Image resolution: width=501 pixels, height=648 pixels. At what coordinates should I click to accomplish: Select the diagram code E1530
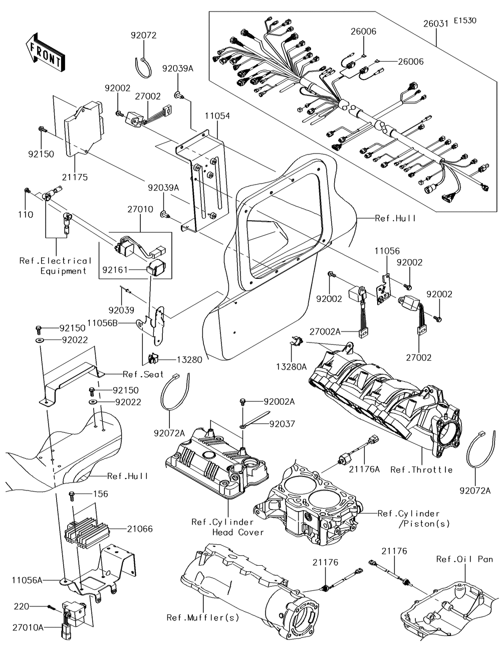coord(465,21)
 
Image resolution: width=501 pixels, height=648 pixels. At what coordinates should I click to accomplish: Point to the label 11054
coord(217,116)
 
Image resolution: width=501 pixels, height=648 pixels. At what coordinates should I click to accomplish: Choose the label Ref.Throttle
coord(421,470)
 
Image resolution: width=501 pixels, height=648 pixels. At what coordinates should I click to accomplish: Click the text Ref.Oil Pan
coord(464,559)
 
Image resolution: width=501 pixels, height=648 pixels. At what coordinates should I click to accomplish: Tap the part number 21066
coord(140,529)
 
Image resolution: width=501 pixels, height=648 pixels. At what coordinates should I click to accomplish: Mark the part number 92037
coord(282,424)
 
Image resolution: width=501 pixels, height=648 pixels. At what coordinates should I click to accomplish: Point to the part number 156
coord(100,494)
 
